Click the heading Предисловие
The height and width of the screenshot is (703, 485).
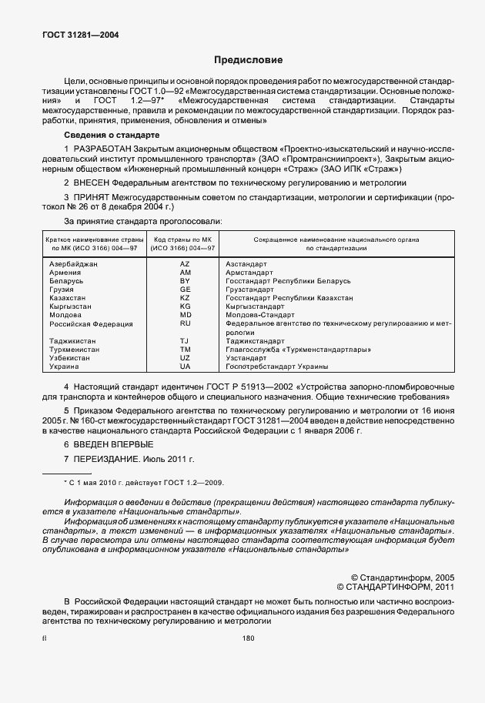248,59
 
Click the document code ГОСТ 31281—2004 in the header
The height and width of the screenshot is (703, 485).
75,35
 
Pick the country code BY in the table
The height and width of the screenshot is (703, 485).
185,281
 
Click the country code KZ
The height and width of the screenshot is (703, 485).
185,297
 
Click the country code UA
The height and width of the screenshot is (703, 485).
185,367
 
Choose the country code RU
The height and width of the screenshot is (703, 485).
185,323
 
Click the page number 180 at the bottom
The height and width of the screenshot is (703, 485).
248,638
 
